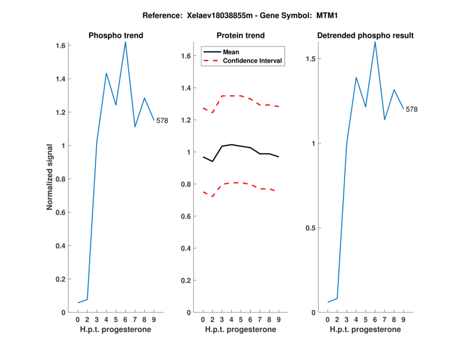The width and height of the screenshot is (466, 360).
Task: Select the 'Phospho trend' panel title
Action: coord(116,36)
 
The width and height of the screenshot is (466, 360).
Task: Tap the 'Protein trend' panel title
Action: coord(241,36)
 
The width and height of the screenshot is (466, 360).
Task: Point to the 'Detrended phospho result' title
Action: coord(365,36)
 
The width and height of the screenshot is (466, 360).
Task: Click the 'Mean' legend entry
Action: coord(231,52)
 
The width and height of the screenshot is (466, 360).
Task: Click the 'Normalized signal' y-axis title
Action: coord(51,178)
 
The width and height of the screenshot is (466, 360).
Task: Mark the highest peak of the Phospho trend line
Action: coord(125,42)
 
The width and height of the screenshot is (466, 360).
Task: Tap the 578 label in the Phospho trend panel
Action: coord(162,121)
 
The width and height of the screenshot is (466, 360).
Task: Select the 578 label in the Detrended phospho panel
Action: coord(411,110)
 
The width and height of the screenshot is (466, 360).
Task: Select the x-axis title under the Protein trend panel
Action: coord(241,330)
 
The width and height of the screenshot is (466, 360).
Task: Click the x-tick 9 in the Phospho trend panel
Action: coord(154,320)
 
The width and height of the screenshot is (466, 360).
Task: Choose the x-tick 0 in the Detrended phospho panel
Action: coord(327,320)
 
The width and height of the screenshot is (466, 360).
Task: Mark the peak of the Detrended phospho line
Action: coord(375,42)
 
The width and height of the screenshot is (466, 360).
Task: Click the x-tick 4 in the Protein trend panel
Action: coord(231,320)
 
